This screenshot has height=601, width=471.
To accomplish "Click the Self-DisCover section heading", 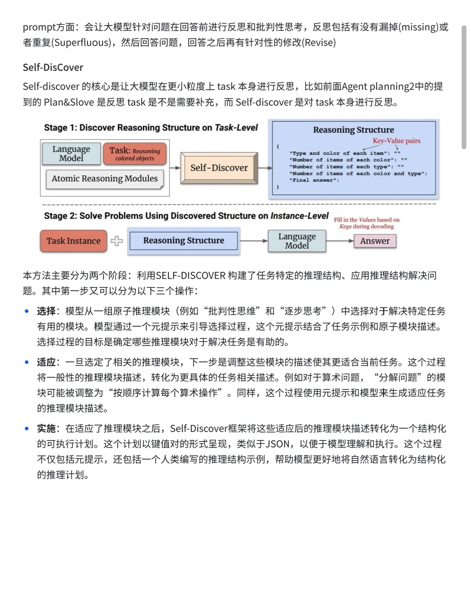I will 53,67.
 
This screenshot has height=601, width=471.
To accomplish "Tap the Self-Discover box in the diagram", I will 219,168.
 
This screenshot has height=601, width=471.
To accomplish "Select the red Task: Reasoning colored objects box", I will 135,154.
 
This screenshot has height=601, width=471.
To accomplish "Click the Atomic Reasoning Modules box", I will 105,179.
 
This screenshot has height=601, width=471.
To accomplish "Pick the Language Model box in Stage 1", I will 72,154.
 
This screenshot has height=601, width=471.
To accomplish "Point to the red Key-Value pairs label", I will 396,141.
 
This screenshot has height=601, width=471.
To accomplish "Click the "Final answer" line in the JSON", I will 314,180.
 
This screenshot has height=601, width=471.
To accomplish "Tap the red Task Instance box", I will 73,241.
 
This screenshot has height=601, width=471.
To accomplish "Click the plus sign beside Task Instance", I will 116,241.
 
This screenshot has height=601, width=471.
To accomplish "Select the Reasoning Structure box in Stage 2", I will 184,240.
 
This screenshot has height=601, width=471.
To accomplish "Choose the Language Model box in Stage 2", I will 297,241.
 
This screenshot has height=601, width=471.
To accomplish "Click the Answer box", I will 375,241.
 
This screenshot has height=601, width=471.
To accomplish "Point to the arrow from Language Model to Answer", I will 340,241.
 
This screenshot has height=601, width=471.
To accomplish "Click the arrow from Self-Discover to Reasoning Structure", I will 264,168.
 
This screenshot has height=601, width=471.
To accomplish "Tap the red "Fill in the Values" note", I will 367,223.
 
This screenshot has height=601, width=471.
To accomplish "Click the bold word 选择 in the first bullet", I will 46,311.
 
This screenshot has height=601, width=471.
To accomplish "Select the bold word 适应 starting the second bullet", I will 46,362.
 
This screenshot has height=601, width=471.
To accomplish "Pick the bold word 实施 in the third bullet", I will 46,428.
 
